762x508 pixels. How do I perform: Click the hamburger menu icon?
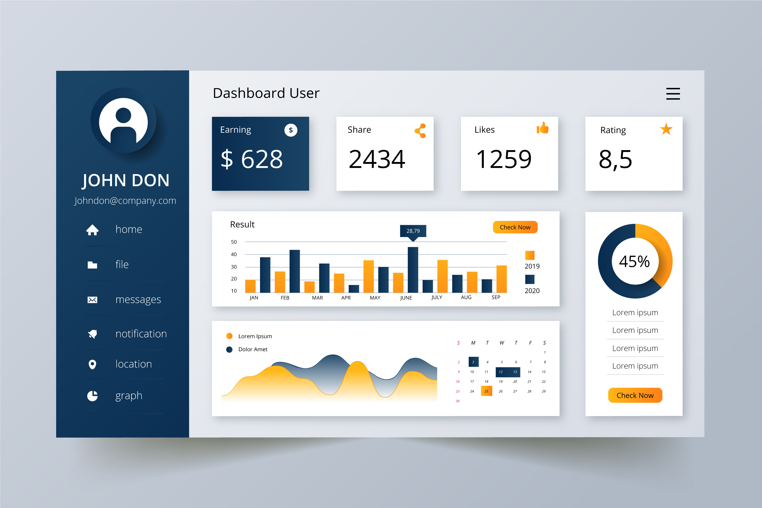pos(673,94)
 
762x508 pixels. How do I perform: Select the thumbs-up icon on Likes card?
pos(542,128)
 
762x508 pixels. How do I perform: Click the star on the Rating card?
pos(666,129)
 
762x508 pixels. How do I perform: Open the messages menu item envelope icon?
pos(92,300)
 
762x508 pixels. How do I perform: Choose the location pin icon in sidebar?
pos(92,364)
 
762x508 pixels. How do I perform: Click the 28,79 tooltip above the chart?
pos(413,231)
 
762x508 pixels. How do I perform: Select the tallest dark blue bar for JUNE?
pos(413,270)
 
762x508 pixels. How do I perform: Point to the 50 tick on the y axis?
pos(234,242)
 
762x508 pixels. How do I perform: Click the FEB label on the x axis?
pos(285,298)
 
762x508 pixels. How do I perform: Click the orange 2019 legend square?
pos(530,255)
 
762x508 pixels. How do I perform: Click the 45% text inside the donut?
pos(634,261)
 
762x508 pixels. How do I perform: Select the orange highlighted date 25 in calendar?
pos(486,391)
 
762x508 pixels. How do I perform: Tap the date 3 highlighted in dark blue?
pos(473,362)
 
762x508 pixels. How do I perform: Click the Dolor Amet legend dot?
pos(229,350)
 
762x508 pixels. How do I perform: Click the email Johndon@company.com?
pos(125,201)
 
